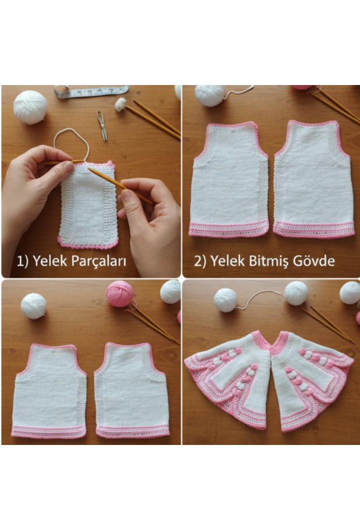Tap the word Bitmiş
[272, 262]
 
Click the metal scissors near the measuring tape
[102, 125]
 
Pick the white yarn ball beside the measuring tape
[30, 107]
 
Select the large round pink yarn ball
[120, 293]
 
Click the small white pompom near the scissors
[121, 104]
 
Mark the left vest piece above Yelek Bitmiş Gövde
[229, 179]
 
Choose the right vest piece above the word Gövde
[313, 179]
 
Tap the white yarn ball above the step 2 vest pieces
[210, 95]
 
